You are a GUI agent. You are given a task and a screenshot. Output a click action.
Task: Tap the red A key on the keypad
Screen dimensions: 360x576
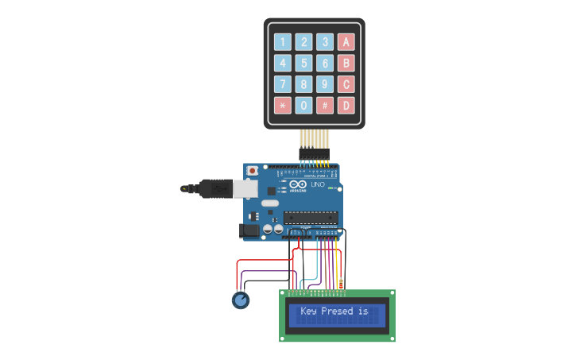pos(346,42)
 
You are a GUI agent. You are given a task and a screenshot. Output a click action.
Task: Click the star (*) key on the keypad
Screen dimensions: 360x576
pos(282,105)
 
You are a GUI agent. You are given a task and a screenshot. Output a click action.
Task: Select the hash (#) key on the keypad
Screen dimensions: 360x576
pos(324,105)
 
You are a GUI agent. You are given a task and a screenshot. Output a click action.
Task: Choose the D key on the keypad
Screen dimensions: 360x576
pos(346,105)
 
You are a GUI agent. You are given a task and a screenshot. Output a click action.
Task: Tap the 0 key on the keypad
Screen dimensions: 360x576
pos(303,105)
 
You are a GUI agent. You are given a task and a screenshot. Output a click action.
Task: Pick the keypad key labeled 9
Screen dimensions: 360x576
pos(324,84)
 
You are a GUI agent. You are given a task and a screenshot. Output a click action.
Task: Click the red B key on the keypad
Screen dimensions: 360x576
pos(346,63)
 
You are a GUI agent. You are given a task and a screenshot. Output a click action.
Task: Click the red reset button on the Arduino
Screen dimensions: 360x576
pos(253,170)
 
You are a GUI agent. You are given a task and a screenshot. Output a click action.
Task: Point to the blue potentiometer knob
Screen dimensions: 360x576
pos(240,300)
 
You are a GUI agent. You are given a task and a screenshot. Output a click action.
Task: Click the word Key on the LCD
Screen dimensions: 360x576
pos(308,311)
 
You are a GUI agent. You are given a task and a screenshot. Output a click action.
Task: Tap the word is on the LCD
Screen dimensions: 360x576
pos(363,311)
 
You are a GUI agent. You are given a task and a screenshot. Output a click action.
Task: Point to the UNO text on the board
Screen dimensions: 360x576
pos(317,184)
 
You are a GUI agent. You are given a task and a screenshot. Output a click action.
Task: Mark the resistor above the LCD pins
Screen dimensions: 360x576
pos(341,282)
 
